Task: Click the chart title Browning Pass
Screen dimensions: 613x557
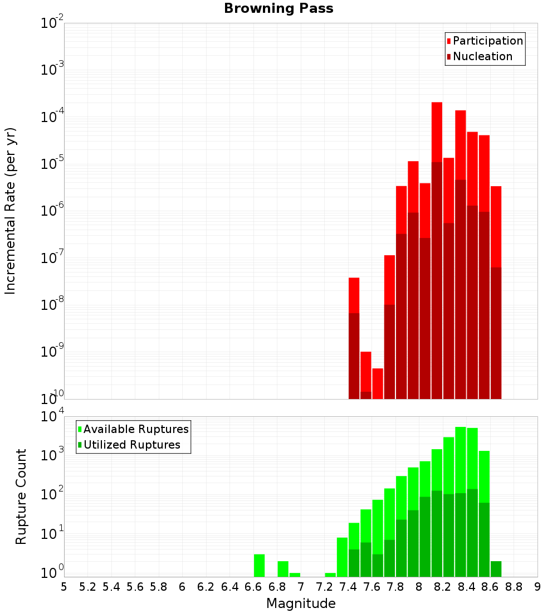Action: coord(278,8)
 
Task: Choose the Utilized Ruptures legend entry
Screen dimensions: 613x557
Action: coord(131,445)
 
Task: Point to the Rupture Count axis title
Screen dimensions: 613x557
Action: coord(21,497)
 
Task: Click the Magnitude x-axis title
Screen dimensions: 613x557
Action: coord(301,604)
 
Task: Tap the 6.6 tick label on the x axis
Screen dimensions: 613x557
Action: coord(253,587)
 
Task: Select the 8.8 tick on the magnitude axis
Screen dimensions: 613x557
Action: coord(514,587)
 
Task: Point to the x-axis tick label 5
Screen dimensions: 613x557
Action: coord(64,587)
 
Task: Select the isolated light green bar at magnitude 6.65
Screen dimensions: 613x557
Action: coord(259,565)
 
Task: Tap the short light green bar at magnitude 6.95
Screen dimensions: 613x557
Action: coord(295,575)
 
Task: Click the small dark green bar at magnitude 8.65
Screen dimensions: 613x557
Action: coord(496,568)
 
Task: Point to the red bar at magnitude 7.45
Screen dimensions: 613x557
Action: coord(354,295)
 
